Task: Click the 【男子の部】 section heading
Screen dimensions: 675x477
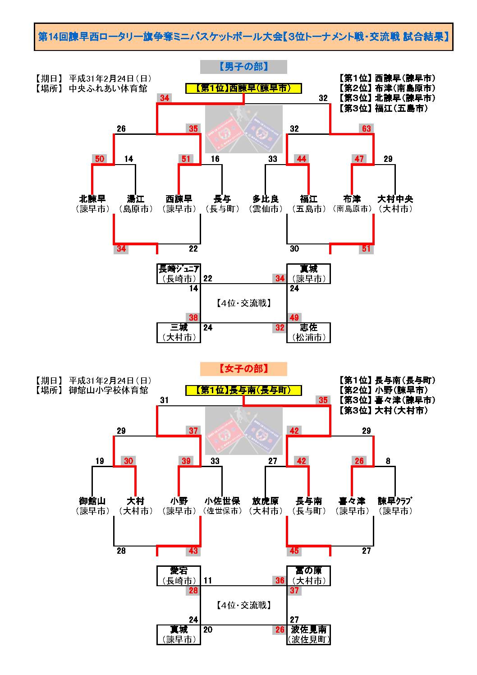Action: (x=243, y=67)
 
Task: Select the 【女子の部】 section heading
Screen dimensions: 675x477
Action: (x=243, y=369)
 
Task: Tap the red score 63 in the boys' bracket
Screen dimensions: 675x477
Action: (x=366, y=129)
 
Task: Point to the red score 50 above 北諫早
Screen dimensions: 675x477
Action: (x=100, y=159)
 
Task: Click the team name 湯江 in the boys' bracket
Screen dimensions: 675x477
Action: (x=135, y=199)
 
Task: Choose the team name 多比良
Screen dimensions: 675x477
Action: (x=265, y=199)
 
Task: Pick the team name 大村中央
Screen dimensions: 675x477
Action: (x=395, y=199)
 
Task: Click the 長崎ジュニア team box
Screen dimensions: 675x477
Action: (x=179, y=274)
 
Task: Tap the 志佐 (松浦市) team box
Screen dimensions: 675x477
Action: (x=308, y=332)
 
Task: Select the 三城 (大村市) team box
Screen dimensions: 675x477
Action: (x=179, y=332)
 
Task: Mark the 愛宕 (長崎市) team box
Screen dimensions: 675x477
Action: (x=179, y=576)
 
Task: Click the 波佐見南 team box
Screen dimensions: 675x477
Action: (x=308, y=634)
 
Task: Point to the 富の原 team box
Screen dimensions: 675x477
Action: (x=308, y=576)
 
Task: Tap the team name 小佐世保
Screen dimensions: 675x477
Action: (x=222, y=501)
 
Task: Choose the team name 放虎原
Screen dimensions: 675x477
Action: (x=265, y=501)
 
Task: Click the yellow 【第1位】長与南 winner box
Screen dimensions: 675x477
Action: (x=243, y=390)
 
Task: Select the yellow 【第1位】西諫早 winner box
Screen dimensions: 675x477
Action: (x=243, y=88)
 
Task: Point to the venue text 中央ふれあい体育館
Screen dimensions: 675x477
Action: (x=108, y=89)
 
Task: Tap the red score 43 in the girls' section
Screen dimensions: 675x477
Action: (x=193, y=551)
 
